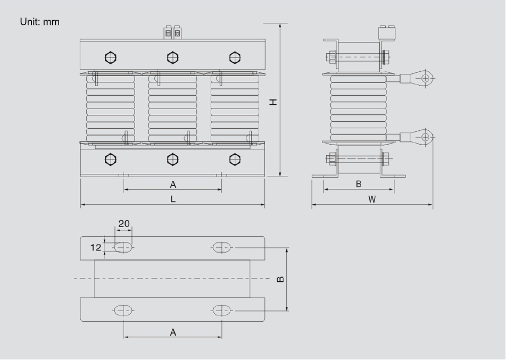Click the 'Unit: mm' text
[x=40, y=22]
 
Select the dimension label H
[x=273, y=102]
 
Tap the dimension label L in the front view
[x=173, y=199]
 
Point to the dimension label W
[x=372, y=199]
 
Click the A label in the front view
[x=173, y=185]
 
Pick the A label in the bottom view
[x=173, y=332]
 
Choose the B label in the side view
[x=359, y=184]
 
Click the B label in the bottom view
[x=281, y=279]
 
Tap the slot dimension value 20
[x=124, y=223]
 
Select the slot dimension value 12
[x=96, y=247]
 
